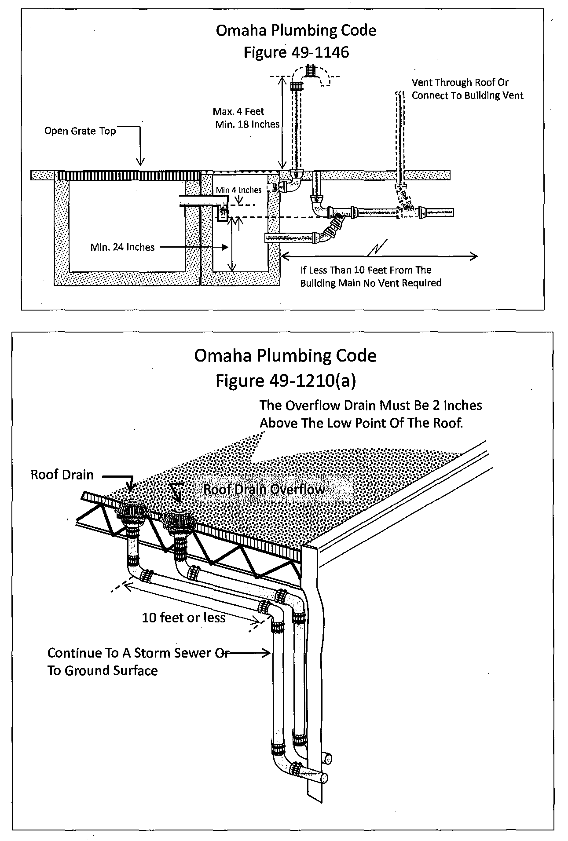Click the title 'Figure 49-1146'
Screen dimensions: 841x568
(296, 52)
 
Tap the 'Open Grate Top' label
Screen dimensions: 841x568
(80, 131)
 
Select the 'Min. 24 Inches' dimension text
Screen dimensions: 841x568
(122, 247)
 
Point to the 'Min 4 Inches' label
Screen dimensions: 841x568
(238, 190)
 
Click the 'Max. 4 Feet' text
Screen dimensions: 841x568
(238, 112)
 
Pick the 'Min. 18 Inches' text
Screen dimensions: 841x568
(247, 124)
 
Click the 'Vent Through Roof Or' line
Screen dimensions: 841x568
(460, 82)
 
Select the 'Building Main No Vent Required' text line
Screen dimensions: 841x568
(370, 283)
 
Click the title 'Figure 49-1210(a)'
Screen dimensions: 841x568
(286, 381)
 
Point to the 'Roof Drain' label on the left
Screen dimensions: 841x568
(62, 475)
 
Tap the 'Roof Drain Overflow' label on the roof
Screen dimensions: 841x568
(264, 489)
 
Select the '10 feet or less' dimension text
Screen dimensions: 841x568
(183, 618)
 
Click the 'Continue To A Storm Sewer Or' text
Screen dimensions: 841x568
(138, 653)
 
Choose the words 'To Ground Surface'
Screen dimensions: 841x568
(103, 671)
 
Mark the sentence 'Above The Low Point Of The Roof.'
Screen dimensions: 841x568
(361, 423)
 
